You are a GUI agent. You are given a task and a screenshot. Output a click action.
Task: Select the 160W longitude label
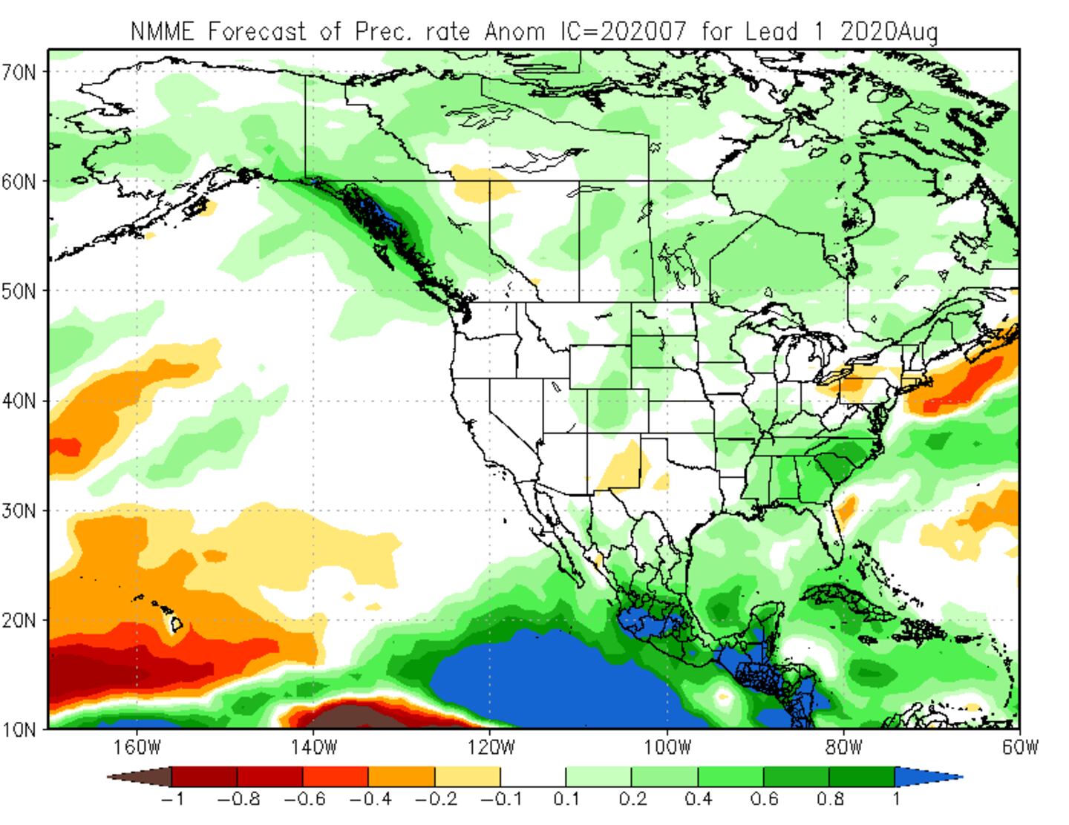pos(138,746)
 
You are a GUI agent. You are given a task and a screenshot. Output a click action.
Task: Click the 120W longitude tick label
pos(490,746)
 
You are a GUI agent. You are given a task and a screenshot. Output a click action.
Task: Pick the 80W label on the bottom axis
pos(843,746)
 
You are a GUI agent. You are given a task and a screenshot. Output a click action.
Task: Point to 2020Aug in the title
pos(889,31)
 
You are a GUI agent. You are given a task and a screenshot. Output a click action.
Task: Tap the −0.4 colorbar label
pos(369,800)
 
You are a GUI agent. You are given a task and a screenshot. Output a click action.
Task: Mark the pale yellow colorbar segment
pos(468,777)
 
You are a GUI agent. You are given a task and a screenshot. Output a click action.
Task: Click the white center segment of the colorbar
pos(533,777)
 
